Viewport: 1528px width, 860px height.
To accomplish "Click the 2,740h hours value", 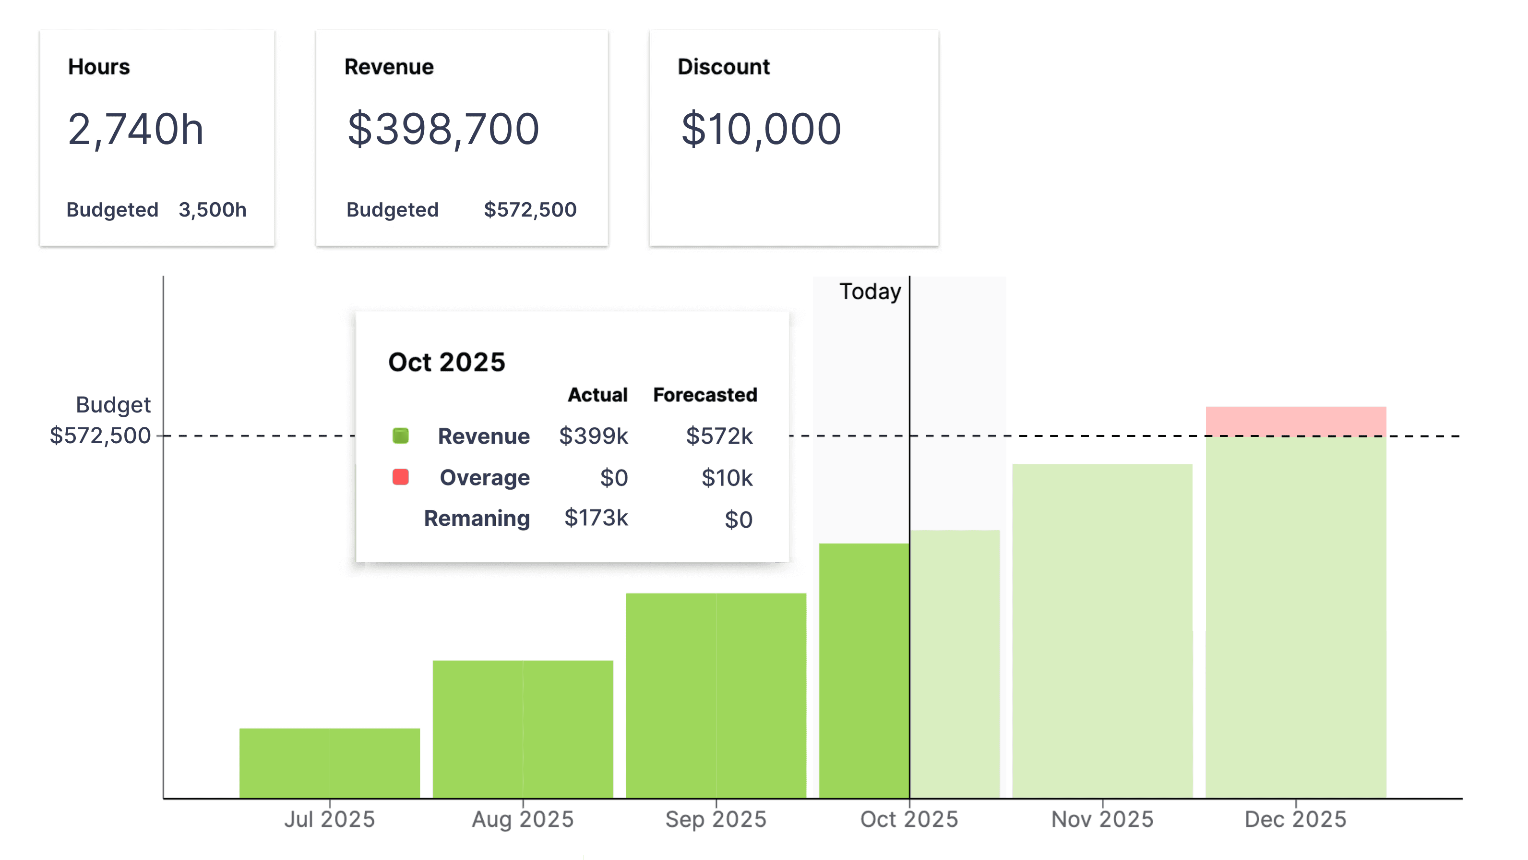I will click(135, 129).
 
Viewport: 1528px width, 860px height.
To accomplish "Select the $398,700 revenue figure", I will click(443, 129).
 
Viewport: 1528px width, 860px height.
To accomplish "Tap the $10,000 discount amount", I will click(761, 129).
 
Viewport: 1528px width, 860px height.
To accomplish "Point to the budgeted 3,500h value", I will click(212, 209).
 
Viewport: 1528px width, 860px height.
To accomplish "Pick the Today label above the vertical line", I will click(870, 291).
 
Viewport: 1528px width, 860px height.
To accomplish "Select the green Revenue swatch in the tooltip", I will click(400, 436).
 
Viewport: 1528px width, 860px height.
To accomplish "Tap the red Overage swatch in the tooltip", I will click(400, 477).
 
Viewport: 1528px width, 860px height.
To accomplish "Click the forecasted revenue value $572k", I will click(719, 436).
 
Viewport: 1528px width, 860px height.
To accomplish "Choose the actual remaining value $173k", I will click(596, 518).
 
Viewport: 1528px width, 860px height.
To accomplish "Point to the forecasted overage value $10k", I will click(727, 478).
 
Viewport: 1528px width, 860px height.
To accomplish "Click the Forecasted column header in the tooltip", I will click(704, 395).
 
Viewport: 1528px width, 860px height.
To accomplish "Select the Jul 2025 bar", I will click(329, 763).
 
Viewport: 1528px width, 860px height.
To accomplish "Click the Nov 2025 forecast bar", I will click(1102, 629).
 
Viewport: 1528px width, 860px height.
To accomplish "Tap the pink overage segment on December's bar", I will click(1295, 420).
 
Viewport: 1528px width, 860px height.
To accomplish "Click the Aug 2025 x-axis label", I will click(523, 820).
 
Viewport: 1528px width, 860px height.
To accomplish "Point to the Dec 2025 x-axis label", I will click(1295, 820).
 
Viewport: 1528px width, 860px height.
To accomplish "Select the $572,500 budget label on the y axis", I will click(100, 436).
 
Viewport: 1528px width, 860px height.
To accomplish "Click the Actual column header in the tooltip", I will click(597, 395).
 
